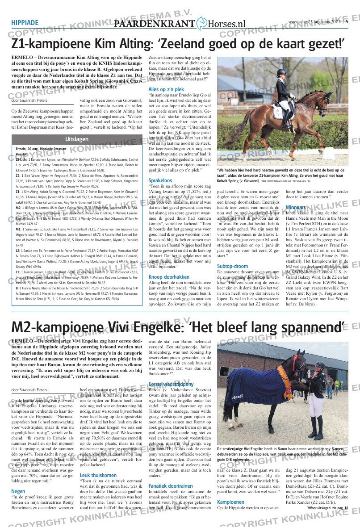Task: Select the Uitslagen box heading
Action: [x=76, y=139]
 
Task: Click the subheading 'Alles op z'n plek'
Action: [x=166, y=89]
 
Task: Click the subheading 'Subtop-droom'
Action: [x=232, y=266]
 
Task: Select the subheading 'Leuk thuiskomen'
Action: [x=98, y=475]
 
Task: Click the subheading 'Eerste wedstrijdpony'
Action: [x=171, y=384]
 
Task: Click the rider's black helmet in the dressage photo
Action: [x=282, y=72]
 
